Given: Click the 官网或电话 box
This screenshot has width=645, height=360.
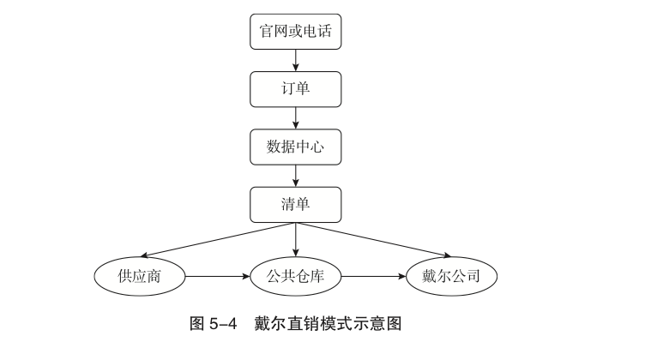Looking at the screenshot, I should click(x=296, y=32).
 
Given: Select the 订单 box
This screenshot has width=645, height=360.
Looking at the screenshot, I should click(x=296, y=89).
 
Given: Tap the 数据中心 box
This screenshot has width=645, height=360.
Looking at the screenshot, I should click(x=296, y=147).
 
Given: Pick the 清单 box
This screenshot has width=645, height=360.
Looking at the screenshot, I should click(x=296, y=204).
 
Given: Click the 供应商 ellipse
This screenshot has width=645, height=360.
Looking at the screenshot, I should click(x=140, y=276).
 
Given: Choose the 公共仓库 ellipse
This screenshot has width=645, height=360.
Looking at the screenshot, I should click(x=296, y=276).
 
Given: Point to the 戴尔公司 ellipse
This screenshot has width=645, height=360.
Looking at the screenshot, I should click(x=451, y=276).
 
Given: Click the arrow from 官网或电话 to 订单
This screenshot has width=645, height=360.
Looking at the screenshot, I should click(x=296, y=60).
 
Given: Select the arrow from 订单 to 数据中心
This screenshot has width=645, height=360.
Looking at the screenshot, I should click(x=296, y=117).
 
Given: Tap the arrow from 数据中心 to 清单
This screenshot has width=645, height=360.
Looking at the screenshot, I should click(x=296, y=175).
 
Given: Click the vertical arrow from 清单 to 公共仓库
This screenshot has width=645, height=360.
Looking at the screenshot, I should click(x=296, y=240).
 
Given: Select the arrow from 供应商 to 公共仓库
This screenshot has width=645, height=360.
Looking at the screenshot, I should click(x=218, y=276).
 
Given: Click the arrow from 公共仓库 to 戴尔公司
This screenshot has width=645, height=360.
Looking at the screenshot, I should click(x=373, y=276).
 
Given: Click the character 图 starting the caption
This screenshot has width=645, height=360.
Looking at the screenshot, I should click(x=196, y=325).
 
